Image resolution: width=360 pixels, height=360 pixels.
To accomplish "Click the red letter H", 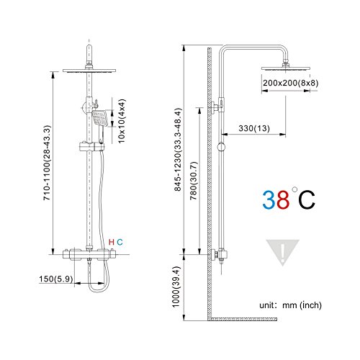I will click(110, 240).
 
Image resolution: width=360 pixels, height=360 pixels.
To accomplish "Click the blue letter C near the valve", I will click(120, 240).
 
